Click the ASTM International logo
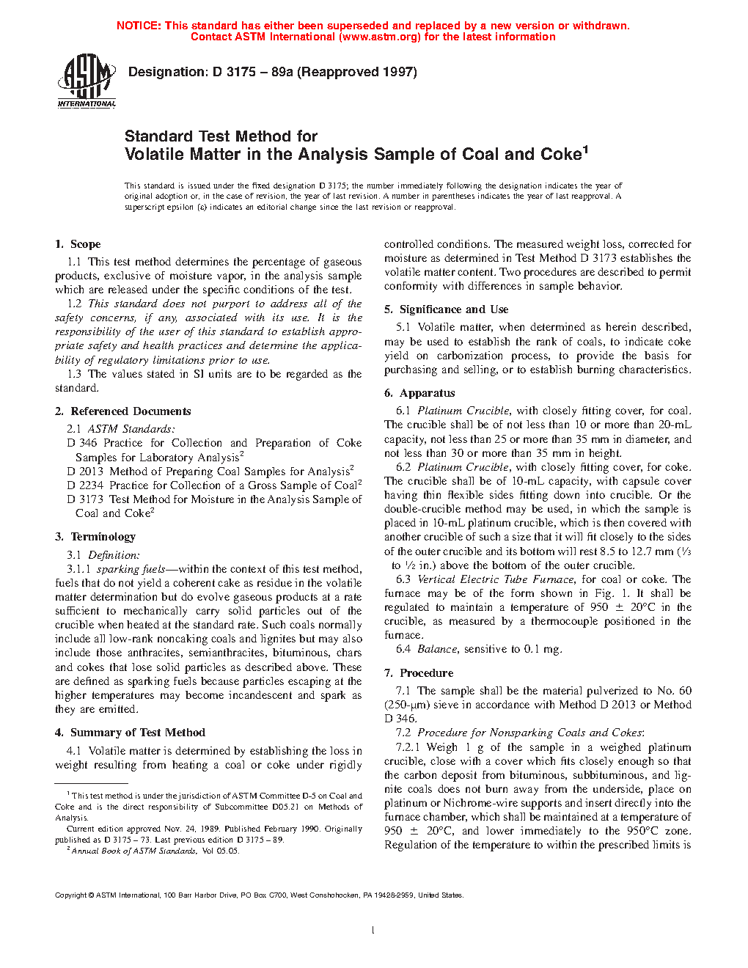pyautogui.click(x=87, y=81)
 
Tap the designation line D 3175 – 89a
pyautogui.click(x=272, y=72)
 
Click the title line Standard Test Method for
pyautogui.click(x=221, y=136)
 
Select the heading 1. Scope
pyautogui.click(x=78, y=244)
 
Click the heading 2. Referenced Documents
pyautogui.click(x=122, y=411)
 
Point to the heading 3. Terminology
pyautogui.click(x=95, y=537)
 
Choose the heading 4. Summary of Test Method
pyautogui.click(x=130, y=733)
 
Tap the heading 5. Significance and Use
pyautogui.click(x=446, y=309)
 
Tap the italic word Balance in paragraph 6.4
pyautogui.click(x=437, y=649)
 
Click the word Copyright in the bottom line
pyautogui.click(x=71, y=895)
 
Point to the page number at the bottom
pyautogui.click(x=373, y=931)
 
